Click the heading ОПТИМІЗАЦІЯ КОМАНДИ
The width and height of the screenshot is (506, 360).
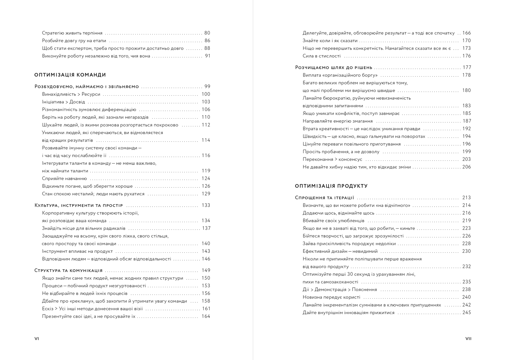pos(70,75)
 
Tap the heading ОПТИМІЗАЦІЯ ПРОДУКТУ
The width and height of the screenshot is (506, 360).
pos(331,186)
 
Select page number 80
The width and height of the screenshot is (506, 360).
pos(207,33)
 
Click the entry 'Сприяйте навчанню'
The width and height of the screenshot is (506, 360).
pos(64,179)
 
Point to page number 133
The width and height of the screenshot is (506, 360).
pos(206,205)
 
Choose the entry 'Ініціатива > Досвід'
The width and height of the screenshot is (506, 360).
pos(63,102)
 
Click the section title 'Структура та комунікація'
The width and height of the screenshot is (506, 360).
pos(68,270)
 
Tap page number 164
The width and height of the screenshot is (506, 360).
pos(206,317)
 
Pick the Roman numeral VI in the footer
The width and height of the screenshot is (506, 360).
pos(37,338)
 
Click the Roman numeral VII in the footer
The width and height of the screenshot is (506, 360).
pos(468,338)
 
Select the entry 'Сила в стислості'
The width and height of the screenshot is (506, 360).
pos(321,56)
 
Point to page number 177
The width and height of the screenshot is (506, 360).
pos(467,67)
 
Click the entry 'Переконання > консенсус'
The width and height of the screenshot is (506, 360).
pos(332,159)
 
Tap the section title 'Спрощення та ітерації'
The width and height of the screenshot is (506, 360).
pos(325,198)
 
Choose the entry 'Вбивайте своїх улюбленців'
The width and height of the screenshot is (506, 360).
pos(333,221)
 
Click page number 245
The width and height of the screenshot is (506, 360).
pos(467,313)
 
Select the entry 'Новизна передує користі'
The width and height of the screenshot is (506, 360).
pos(331,297)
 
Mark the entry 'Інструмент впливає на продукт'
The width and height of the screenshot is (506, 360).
pos(77,251)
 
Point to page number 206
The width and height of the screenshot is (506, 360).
pos(467,167)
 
